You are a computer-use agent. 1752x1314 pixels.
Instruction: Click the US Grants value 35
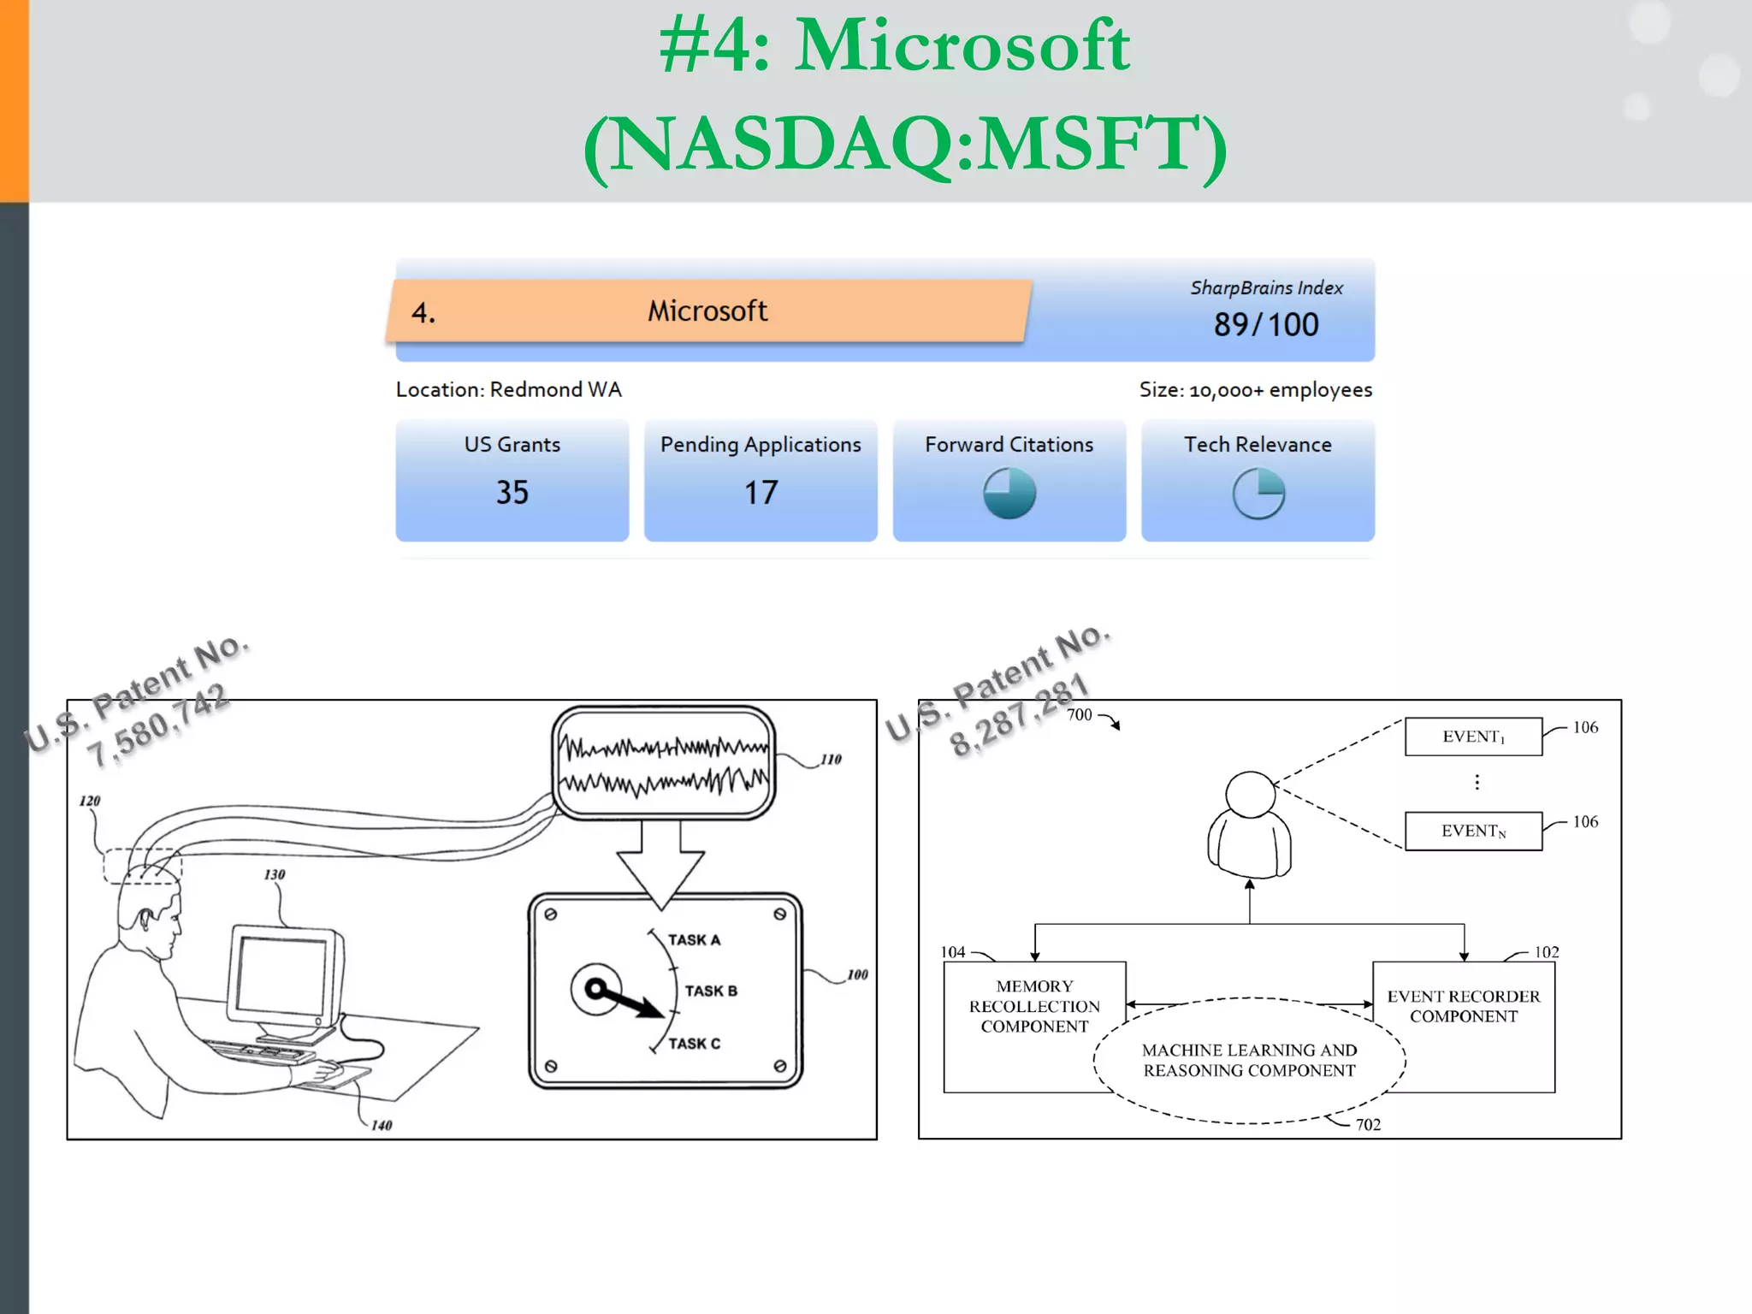tap(512, 492)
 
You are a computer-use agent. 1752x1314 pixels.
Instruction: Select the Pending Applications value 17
tap(761, 492)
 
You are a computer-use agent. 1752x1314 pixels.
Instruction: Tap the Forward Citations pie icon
tap(1009, 493)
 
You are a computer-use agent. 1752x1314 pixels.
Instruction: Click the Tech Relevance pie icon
tap(1258, 493)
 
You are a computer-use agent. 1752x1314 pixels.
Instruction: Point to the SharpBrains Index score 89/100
tap(1266, 325)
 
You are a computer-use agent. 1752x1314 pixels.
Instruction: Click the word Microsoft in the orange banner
tap(707, 311)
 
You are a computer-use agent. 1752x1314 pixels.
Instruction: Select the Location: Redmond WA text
tap(508, 390)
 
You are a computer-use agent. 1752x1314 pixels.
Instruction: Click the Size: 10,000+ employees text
tap(1255, 390)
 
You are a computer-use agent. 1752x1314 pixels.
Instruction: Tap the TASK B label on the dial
tap(711, 991)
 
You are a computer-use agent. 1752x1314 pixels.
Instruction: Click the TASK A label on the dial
tap(694, 939)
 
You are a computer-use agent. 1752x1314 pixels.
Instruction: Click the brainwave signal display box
tap(664, 762)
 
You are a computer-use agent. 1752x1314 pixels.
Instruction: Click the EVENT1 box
tap(1473, 737)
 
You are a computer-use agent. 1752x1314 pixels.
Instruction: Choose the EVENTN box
tap(1473, 831)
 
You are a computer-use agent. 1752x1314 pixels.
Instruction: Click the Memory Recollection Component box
tap(1033, 1007)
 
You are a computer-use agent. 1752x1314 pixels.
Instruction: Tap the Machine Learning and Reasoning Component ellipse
tap(1249, 1061)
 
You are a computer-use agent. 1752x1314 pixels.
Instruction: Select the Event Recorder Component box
tap(1464, 1007)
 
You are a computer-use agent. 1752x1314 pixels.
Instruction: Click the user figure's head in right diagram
tap(1250, 794)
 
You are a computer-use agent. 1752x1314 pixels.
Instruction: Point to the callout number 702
tap(1368, 1124)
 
